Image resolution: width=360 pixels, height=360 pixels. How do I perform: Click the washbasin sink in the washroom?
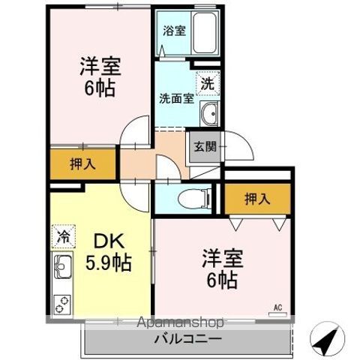[209, 115]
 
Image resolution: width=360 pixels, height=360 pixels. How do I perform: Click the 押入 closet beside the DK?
[82, 165]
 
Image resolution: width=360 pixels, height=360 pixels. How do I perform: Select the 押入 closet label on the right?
[256, 199]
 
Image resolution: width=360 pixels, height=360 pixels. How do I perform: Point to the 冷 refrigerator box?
[63, 236]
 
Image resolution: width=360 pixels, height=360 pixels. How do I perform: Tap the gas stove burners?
[61, 304]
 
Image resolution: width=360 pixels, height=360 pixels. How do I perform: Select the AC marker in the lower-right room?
[277, 307]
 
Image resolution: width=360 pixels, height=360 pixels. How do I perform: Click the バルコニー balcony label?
[187, 338]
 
